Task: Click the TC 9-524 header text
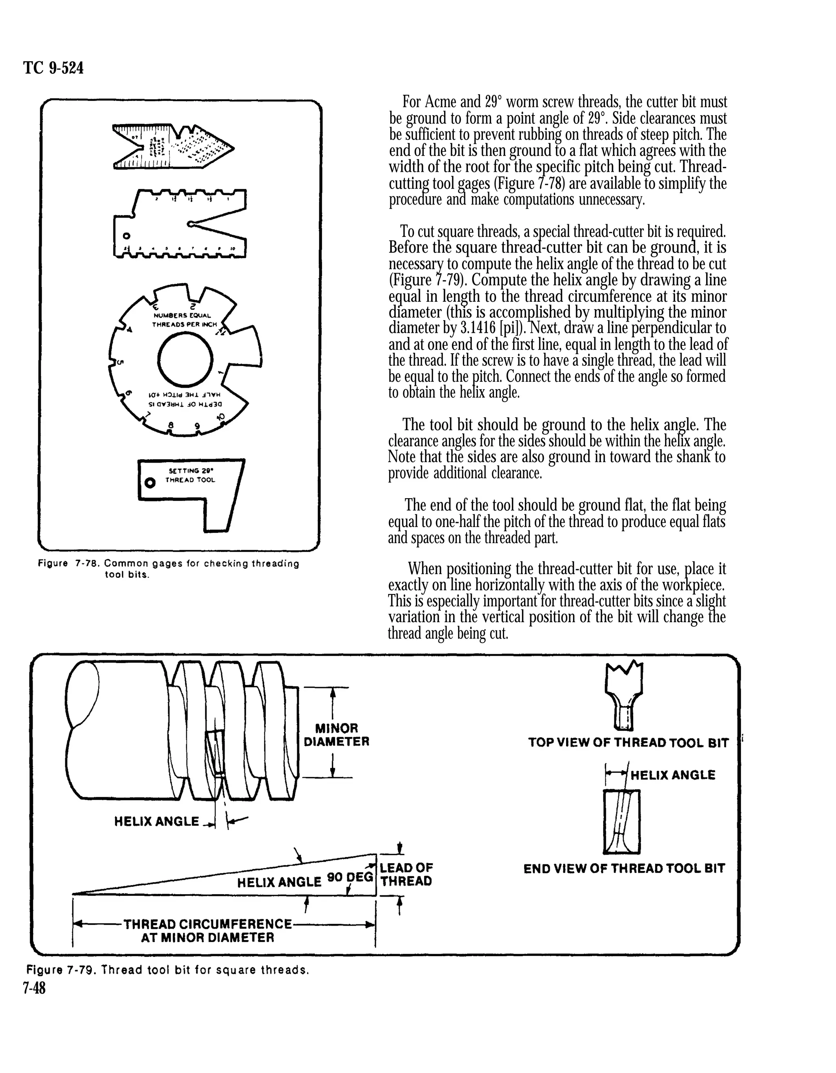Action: click(x=53, y=68)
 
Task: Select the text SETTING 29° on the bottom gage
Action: click(x=191, y=471)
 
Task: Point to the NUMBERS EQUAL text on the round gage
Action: click(x=182, y=316)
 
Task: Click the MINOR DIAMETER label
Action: click(x=336, y=735)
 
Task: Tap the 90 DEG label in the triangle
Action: click(x=350, y=877)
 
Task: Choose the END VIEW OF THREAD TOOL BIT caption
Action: click(x=624, y=868)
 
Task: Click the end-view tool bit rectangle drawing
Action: click(x=621, y=821)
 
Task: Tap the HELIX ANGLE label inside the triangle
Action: click(x=279, y=882)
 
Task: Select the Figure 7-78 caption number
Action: click(x=87, y=564)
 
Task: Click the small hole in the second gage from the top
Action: click(x=126, y=235)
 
